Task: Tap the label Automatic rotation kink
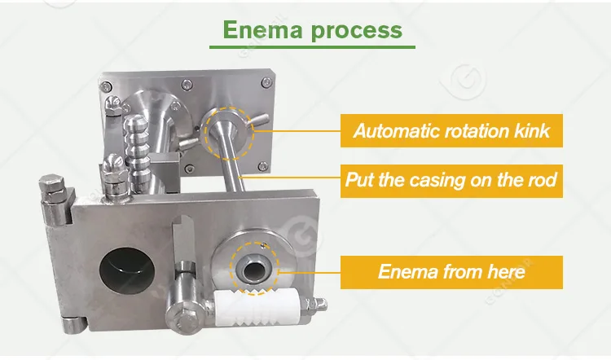click(x=451, y=130)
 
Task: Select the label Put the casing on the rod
click(x=451, y=178)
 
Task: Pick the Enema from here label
click(x=451, y=271)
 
